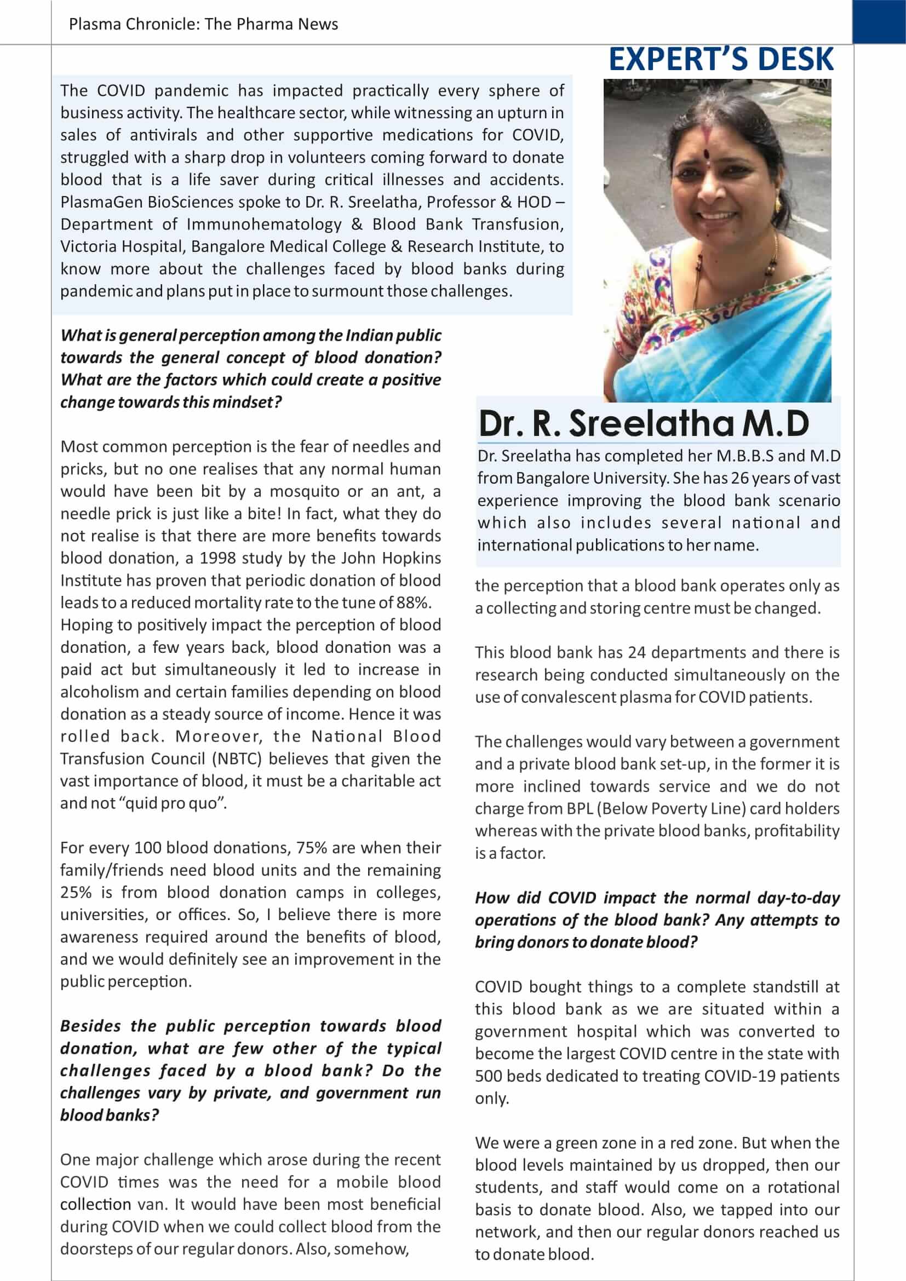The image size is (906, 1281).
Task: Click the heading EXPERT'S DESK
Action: [721, 60]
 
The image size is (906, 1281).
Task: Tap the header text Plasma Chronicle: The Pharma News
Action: [203, 24]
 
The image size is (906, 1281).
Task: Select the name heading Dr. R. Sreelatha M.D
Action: [643, 423]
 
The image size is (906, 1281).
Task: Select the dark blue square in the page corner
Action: [879, 22]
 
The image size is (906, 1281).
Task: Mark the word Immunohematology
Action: [263, 225]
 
